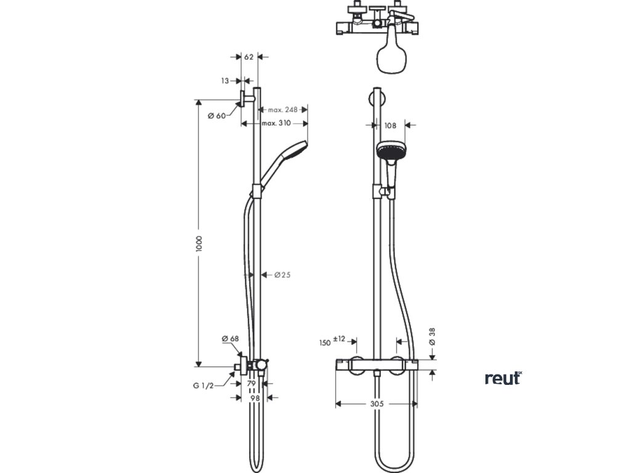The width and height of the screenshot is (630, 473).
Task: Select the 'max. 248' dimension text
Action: (282, 110)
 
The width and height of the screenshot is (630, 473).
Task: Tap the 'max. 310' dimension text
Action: (276, 123)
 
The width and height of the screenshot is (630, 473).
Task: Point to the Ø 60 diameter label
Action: (217, 116)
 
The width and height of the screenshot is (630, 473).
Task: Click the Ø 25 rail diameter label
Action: (282, 275)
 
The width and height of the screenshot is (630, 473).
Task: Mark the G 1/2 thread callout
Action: (204, 386)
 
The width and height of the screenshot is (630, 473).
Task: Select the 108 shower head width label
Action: (391, 125)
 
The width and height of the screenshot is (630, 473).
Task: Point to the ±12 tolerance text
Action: (339, 339)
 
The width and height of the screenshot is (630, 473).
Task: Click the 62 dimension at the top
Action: (249, 57)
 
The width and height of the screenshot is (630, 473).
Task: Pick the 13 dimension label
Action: (225, 81)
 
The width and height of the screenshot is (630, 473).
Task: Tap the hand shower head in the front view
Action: (389, 150)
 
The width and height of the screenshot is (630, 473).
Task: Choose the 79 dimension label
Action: (251, 384)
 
